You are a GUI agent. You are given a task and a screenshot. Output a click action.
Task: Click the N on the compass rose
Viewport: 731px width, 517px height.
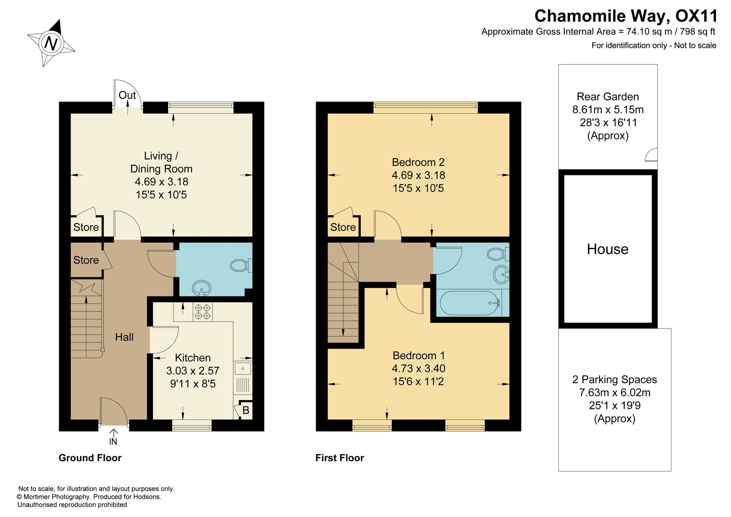(51, 43)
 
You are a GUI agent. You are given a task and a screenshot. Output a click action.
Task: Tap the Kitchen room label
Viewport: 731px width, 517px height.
(193, 358)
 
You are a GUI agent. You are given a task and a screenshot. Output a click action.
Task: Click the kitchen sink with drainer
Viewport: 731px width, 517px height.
(243, 378)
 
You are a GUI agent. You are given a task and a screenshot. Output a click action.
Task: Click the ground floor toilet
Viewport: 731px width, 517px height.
(241, 265)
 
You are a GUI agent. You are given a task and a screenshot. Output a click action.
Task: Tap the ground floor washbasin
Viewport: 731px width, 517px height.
(201, 288)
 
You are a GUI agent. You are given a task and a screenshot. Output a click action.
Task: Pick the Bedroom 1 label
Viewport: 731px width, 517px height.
(418, 356)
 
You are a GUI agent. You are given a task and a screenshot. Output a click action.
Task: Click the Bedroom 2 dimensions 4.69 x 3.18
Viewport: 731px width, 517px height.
(418, 175)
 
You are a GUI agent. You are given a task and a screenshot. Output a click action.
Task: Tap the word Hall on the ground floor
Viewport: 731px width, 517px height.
(124, 337)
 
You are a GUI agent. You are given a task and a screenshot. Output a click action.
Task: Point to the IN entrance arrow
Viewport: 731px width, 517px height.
(113, 437)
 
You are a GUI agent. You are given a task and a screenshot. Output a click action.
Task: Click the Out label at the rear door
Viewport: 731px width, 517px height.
(127, 95)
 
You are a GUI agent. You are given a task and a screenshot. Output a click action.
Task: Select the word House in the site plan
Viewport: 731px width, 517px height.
(608, 249)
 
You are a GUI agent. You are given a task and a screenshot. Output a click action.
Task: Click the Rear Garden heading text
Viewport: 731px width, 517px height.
(608, 97)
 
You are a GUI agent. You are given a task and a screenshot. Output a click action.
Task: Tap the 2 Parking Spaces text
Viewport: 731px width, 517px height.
(615, 380)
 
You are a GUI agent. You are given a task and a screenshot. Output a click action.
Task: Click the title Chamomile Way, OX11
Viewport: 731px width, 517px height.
(626, 16)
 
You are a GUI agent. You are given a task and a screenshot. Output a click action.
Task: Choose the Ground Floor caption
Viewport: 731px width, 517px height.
(90, 458)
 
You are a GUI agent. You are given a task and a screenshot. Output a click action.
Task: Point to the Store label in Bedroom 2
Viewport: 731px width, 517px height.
(343, 227)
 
